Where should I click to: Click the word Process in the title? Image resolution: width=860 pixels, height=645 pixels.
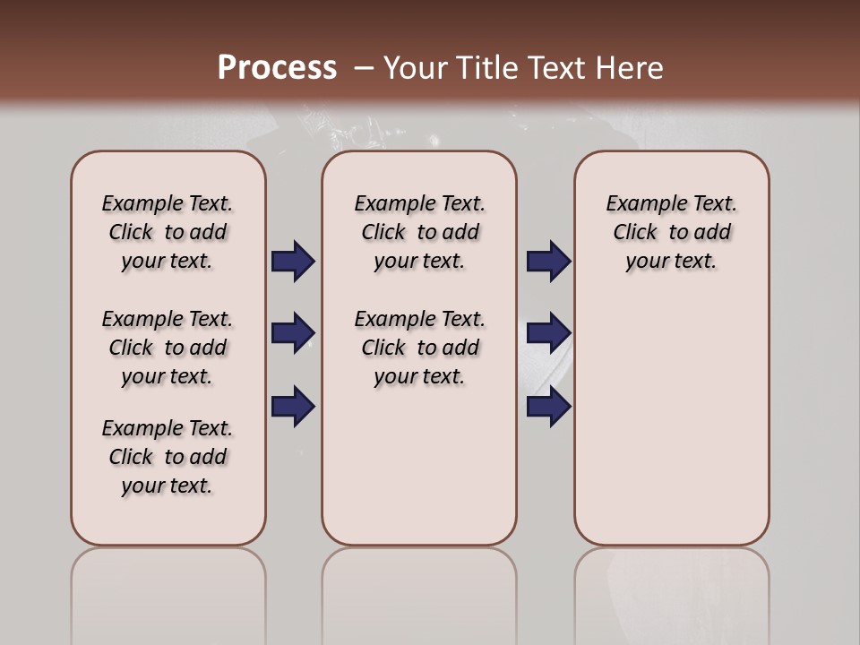[x=277, y=67]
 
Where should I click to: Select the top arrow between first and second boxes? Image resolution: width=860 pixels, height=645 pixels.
[x=293, y=262]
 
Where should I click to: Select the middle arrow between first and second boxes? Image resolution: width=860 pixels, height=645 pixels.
[x=293, y=333]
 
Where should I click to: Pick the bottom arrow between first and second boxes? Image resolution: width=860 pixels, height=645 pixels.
[x=293, y=407]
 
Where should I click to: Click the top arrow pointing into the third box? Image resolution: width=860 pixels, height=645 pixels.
[x=549, y=262]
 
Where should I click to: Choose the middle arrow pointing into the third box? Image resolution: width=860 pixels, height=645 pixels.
[x=549, y=333]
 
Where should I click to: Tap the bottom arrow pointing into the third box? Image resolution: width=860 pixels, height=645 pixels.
[x=549, y=407]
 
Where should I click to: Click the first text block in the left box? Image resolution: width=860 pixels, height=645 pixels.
[x=168, y=232]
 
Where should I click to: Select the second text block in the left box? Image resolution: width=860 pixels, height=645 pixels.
[x=168, y=348]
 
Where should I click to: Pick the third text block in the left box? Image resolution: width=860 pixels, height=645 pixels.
[x=168, y=457]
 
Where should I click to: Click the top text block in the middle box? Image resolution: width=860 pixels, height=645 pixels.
[x=419, y=232]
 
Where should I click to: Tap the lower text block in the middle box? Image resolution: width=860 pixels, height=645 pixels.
[x=419, y=348]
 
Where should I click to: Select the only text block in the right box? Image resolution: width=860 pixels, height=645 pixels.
[x=671, y=232]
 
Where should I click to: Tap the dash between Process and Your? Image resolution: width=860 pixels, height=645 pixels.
[x=363, y=67]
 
